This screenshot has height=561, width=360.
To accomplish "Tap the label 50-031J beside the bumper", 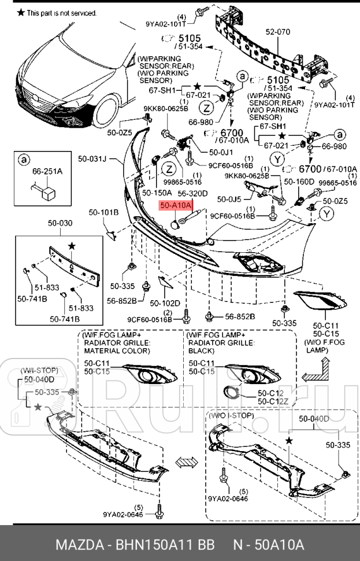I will coord(94,157).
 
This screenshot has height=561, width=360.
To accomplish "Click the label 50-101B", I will coord(103,213).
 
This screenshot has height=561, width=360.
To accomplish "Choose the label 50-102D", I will coord(165,302).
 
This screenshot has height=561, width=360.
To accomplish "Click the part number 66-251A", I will coord(47,172).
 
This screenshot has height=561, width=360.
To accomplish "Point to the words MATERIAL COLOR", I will coord(117,350).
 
